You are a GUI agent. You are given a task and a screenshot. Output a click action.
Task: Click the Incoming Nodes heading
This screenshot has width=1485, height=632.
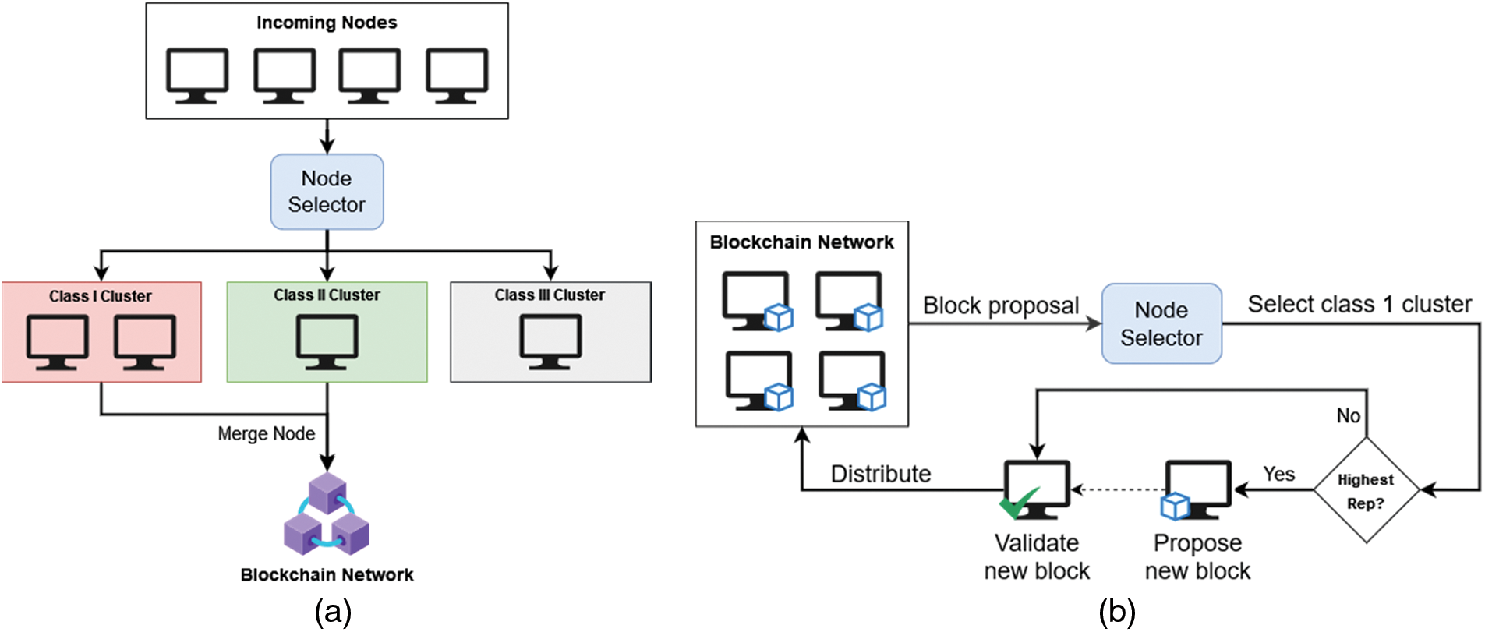[327, 23]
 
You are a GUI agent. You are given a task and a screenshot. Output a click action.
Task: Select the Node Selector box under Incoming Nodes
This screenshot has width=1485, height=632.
[327, 192]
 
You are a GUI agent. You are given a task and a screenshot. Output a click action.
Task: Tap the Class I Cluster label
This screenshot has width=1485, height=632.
[101, 296]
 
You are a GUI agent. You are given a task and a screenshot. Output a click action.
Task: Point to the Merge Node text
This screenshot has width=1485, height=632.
[266, 433]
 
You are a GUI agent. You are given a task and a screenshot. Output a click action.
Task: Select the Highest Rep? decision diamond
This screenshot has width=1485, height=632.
[1366, 491]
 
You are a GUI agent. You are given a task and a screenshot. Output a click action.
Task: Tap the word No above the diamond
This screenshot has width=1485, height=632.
[1349, 415]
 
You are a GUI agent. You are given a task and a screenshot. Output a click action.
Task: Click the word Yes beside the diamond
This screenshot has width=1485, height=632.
[1278, 474]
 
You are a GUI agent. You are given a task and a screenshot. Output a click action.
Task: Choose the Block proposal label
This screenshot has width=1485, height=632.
[1001, 305]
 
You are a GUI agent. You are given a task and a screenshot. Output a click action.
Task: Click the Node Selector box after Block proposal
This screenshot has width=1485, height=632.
[1161, 323]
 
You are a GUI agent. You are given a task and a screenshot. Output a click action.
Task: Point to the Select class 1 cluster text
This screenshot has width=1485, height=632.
[1359, 304]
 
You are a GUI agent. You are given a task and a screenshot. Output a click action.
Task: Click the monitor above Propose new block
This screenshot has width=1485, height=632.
[1198, 489]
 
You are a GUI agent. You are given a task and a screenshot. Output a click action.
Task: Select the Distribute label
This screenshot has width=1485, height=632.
[881, 474]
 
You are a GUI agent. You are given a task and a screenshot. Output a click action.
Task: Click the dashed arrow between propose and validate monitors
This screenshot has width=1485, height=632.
[1118, 490]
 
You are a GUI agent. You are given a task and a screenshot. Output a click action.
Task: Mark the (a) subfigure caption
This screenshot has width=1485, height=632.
[333, 612]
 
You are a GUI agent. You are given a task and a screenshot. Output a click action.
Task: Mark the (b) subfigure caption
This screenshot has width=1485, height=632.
[1116, 612]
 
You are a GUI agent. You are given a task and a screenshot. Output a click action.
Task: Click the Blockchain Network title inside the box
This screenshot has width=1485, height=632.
[801, 242]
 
